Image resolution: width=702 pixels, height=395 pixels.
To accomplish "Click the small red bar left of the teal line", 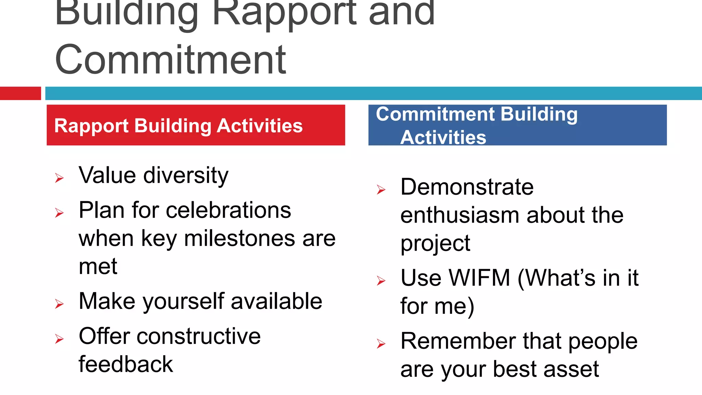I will tap(20, 93).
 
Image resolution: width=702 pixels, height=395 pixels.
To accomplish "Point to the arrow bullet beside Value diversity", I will tap(59, 178).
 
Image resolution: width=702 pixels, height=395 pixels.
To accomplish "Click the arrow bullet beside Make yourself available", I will tap(59, 304).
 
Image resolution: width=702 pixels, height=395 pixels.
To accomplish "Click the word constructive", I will tap(198, 336).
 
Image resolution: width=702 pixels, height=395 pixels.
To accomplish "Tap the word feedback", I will tap(126, 364).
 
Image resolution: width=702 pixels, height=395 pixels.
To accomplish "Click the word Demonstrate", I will tap(467, 187).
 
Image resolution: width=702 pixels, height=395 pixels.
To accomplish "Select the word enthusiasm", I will tap(460, 215).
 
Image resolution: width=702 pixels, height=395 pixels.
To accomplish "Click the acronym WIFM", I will tap(480, 278).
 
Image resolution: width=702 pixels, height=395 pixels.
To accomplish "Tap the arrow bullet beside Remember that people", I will tap(381, 344).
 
